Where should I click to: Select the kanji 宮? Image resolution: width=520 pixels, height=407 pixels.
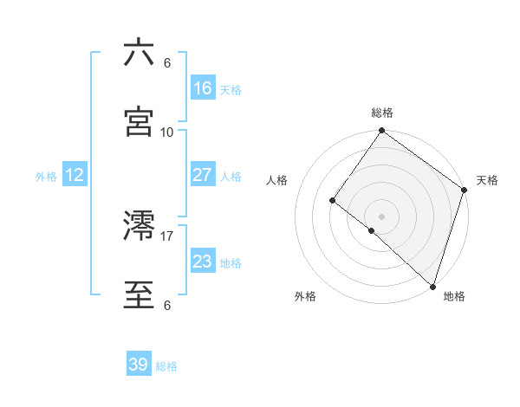point(139,122)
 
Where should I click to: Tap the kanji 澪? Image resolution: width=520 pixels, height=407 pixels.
point(139,226)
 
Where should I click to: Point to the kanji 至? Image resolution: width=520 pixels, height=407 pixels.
point(139,295)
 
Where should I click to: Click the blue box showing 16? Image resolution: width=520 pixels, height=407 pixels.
point(203,88)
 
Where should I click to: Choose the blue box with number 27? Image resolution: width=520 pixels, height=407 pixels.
point(203,175)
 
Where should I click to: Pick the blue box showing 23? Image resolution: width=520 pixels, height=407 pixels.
point(203,262)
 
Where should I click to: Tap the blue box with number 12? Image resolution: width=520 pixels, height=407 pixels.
point(75,175)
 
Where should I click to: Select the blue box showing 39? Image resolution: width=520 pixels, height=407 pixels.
point(139,365)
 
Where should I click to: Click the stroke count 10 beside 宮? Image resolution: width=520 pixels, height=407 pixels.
point(167,132)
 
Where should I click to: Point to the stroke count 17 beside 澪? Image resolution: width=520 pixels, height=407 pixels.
point(167,236)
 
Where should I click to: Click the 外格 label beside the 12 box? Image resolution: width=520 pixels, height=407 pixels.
point(46,176)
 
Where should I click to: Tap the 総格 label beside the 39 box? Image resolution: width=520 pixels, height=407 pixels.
point(166,366)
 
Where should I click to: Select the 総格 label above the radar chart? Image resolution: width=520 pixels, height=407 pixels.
point(382,113)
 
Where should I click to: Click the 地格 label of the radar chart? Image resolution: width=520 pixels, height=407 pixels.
point(454,296)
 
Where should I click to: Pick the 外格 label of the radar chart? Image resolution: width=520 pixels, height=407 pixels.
point(305,296)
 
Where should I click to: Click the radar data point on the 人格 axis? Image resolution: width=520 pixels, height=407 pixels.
point(332,201)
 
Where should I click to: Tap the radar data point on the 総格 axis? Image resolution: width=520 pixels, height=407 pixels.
point(381,132)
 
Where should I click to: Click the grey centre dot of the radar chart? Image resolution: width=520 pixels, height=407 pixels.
point(381,216)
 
